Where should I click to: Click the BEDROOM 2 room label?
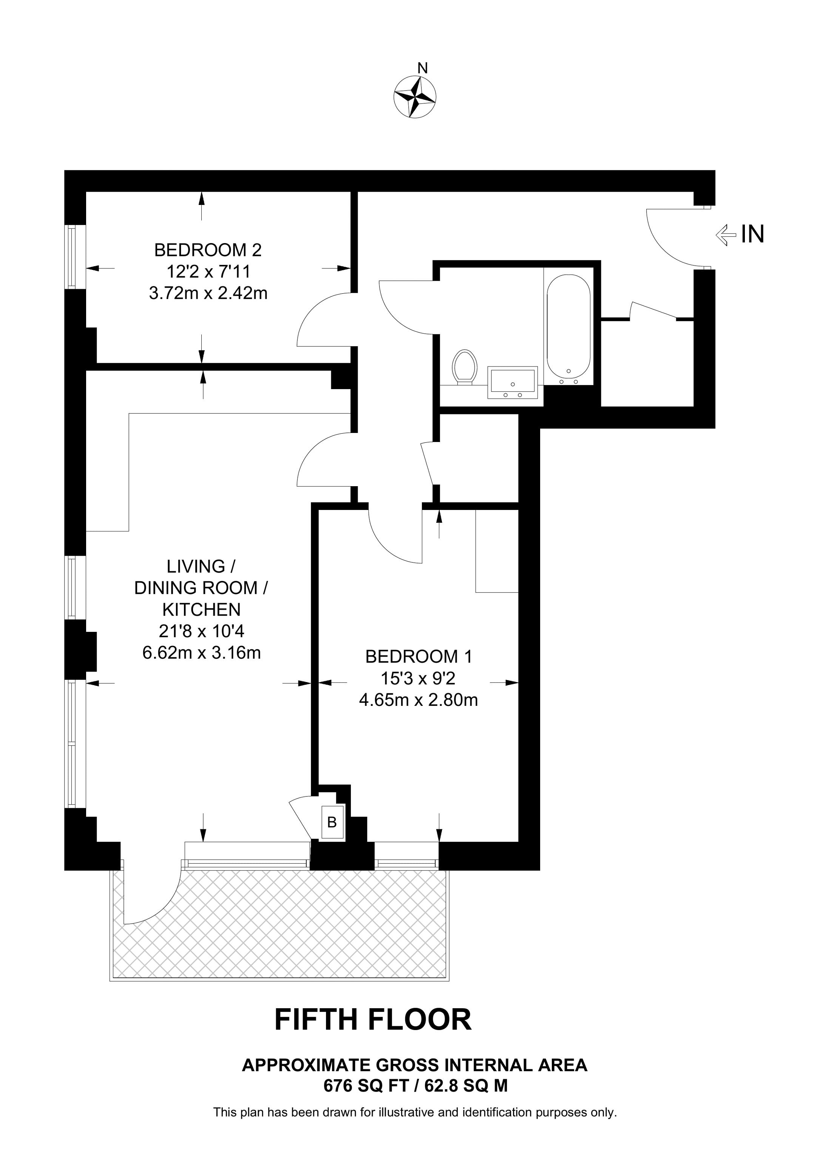tap(208, 250)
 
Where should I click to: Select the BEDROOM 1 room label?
tap(418, 657)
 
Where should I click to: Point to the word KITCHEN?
tap(201, 610)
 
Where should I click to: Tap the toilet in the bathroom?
tap(465, 367)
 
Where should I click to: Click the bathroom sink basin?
tap(513, 382)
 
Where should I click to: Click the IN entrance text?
tap(753, 234)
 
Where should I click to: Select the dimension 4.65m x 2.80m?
tap(418, 699)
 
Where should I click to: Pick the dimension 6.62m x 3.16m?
tap(201, 653)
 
